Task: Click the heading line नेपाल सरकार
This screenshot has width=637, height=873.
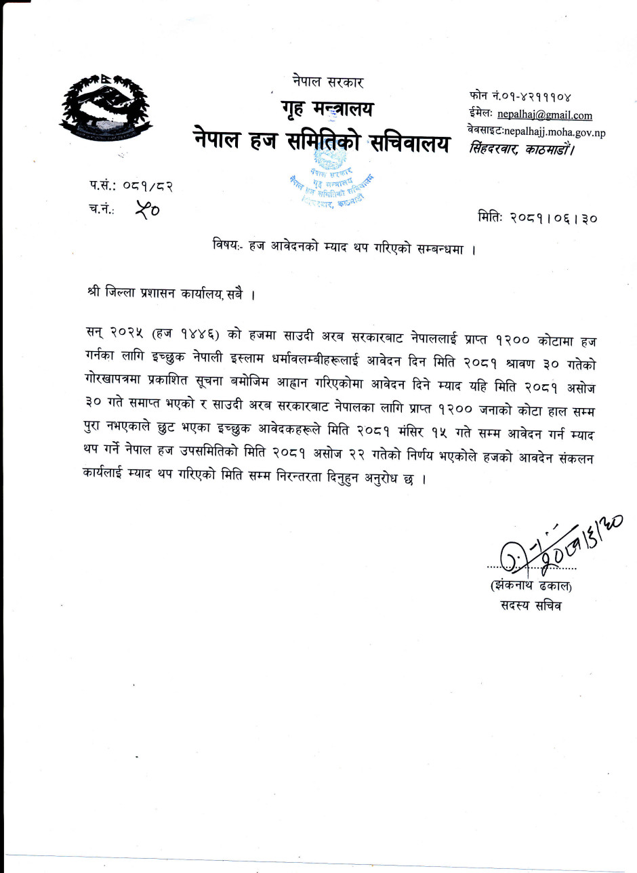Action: (x=329, y=82)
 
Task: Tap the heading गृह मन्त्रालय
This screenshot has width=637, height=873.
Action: (x=327, y=108)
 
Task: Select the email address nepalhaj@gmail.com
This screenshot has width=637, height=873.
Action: (x=544, y=115)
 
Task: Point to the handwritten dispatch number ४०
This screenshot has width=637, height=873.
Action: (x=147, y=210)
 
